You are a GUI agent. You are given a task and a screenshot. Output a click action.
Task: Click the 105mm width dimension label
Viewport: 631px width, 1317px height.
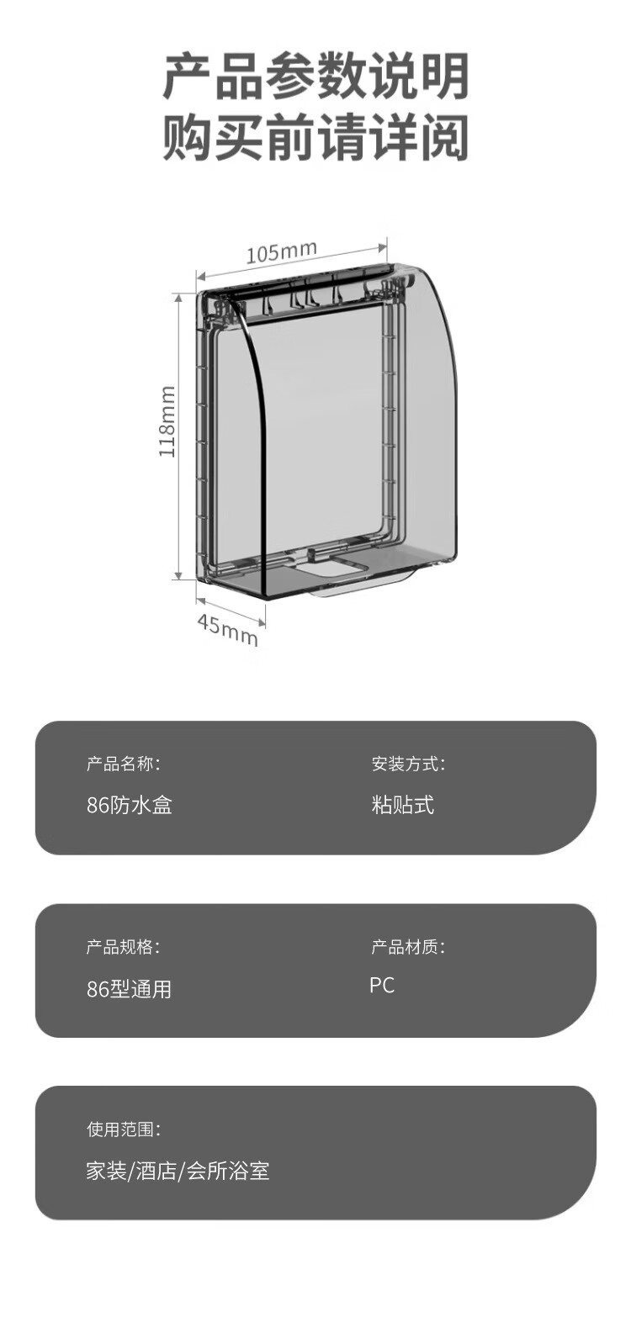coord(281,251)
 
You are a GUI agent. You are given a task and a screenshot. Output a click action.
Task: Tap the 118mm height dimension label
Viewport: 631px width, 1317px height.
coord(167,421)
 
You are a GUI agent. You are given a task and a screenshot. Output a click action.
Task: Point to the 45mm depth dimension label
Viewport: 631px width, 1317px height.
coord(227,629)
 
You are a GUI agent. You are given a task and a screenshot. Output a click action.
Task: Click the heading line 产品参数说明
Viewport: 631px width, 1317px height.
coord(315,77)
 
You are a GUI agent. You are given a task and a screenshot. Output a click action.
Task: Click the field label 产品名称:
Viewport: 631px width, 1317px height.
coord(123,764)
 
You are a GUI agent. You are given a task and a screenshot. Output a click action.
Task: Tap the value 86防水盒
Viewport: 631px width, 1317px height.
coord(130,805)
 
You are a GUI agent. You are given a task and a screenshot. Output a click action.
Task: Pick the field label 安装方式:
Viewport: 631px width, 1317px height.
coord(408,764)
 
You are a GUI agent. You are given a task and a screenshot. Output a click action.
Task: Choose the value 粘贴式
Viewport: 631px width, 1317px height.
coord(403,805)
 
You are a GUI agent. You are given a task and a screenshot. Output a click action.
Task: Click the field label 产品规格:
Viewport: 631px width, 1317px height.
coord(123,947)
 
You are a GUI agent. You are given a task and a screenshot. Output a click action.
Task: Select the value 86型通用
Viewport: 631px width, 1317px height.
coord(130,989)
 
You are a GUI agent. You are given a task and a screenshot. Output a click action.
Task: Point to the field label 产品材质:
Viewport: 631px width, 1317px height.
coord(408,947)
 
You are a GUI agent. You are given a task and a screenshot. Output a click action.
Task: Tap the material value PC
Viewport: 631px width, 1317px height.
coord(382,986)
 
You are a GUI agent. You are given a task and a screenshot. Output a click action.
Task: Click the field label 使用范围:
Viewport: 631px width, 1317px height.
coord(124,1129)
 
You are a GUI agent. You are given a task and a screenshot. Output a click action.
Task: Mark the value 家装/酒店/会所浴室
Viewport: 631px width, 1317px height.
coord(178,1171)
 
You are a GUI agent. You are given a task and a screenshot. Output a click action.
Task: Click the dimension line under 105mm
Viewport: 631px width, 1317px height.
coord(292,262)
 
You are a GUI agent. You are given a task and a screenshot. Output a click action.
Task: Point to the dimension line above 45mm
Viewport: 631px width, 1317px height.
coord(231,611)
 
